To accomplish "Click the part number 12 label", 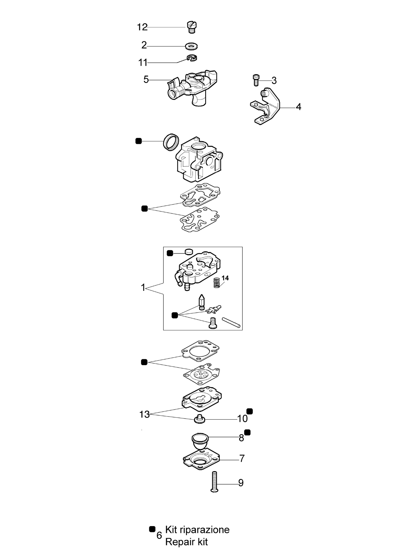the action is [x=142, y=27].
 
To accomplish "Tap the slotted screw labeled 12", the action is [x=192, y=27].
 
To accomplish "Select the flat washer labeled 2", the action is [x=191, y=46].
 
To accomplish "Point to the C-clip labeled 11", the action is [x=192, y=58].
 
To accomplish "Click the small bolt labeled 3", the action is [x=256, y=80].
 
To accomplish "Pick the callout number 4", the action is [x=298, y=107].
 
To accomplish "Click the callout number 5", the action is [x=146, y=80].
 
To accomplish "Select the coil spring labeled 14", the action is [x=217, y=282].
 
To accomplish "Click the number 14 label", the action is [x=225, y=278].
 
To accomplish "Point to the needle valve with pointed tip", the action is [x=201, y=302].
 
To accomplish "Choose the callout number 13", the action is [x=145, y=414].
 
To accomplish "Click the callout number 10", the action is [x=242, y=419].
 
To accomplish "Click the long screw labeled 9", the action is [x=214, y=482].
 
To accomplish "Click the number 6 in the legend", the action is [x=159, y=535].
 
